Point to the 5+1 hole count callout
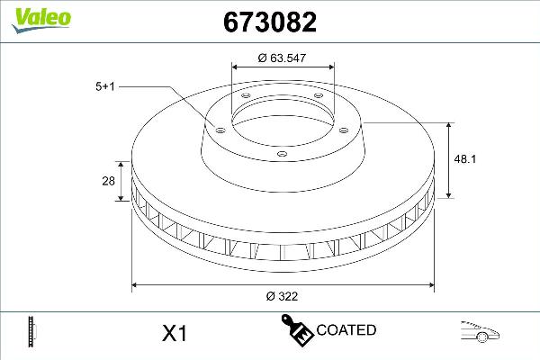(x=105, y=86)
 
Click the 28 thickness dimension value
(x=108, y=182)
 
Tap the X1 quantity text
(x=173, y=334)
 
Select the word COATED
(x=346, y=330)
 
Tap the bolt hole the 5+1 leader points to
(x=217, y=128)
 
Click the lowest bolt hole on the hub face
(x=282, y=154)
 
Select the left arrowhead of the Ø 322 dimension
(x=137, y=286)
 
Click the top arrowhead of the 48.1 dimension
(x=450, y=123)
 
